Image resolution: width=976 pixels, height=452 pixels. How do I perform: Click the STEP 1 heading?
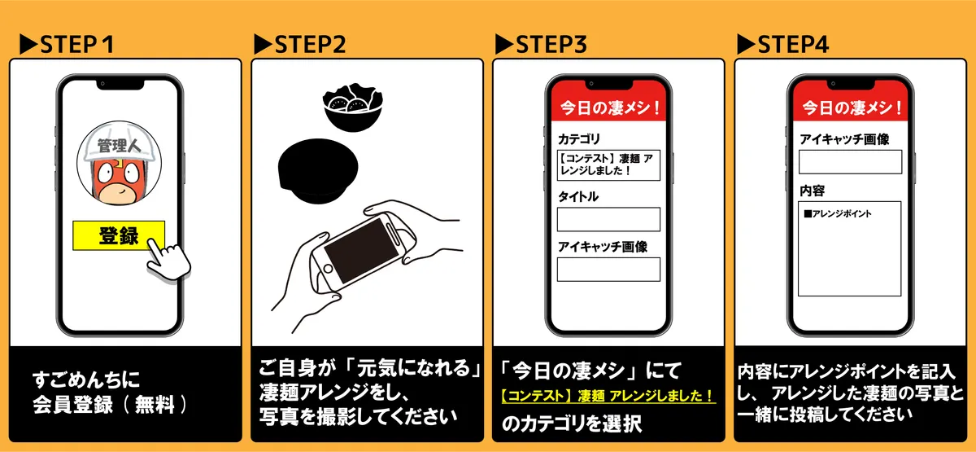(x=67, y=45)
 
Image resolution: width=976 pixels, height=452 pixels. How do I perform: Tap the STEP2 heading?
(x=300, y=45)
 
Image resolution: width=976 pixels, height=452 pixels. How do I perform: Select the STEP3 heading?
(x=541, y=45)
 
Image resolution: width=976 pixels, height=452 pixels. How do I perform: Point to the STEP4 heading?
(x=782, y=45)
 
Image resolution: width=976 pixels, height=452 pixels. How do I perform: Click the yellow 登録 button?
(x=119, y=235)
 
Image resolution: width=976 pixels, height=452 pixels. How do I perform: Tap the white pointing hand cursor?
(x=168, y=259)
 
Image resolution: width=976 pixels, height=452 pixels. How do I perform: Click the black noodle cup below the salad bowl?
(x=318, y=171)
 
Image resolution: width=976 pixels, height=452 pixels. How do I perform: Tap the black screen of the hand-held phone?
(x=361, y=251)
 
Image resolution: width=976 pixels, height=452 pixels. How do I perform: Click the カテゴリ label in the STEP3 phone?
(x=579, y=139)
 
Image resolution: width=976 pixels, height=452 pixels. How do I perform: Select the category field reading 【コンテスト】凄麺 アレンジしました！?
(x=608, y=165)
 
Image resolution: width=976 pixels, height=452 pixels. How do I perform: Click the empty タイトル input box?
(x=608, y=219)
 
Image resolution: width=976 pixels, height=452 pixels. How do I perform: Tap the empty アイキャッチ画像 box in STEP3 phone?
(x=608, y=270)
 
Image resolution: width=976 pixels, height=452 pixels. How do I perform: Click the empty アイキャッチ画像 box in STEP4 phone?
(x=850, y=162)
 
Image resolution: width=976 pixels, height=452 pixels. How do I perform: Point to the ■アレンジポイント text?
(x=838, y=213)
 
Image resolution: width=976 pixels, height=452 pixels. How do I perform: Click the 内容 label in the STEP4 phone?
(x=813, y=191)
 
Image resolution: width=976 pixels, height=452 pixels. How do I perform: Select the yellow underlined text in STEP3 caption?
(x=608, y=396)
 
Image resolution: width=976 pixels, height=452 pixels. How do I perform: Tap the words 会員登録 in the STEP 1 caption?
(x=72, y=405)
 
